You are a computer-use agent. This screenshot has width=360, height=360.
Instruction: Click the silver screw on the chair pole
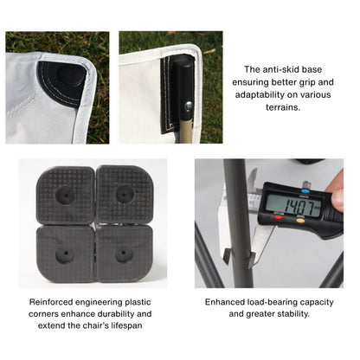[188, 106]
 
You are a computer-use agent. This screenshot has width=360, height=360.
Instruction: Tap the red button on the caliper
[278, 217]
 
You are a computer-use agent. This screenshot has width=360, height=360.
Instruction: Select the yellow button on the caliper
[300, 221]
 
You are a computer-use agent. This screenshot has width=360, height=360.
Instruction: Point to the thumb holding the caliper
[337, 200]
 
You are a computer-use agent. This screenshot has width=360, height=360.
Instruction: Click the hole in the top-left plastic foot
[65, 195]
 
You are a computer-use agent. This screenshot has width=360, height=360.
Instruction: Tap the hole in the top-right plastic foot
[125, 194]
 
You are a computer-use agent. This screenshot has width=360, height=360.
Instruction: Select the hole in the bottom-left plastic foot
[65, 254]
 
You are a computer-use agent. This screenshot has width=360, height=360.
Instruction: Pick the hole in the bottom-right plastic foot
[124, 254]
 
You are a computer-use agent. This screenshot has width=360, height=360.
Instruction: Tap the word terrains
[283, 107]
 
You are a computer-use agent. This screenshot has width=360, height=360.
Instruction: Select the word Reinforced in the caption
[51, 302]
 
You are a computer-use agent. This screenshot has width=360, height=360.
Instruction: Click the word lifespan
[126, 325]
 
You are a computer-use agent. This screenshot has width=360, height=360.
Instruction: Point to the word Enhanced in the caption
[225, 302]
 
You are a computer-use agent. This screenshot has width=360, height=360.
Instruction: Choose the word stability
[294, 314]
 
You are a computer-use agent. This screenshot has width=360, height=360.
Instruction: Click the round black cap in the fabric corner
[72, 74]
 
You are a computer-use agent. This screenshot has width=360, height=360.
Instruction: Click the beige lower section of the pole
[186, 131]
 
